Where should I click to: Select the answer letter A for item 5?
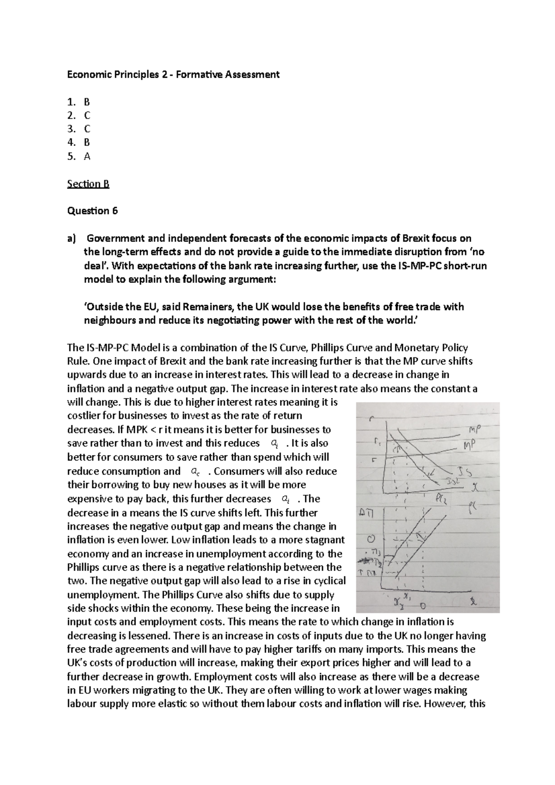(87, 157)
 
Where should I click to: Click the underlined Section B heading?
(88, 184)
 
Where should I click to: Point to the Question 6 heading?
(92, 211)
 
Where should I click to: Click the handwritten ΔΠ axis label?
(369, 513)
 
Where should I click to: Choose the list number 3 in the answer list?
(70, 129)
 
